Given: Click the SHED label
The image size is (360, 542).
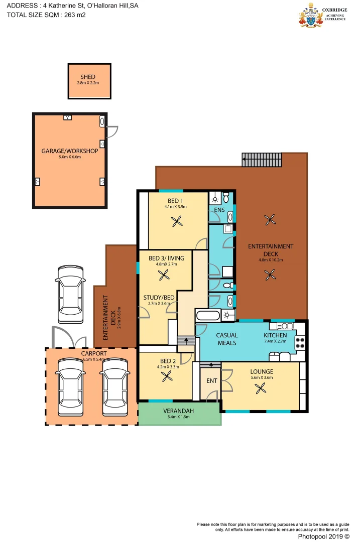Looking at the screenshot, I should coord(88,77).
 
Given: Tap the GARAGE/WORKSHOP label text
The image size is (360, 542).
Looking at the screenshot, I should coord(70,151).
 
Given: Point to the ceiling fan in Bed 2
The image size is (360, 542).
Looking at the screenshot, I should coord(166,377).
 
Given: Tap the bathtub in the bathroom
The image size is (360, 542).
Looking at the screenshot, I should coord(207,316).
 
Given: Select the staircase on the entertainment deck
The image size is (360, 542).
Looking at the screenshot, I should coord(262,160).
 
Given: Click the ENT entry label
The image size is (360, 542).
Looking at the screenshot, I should coord(212,381).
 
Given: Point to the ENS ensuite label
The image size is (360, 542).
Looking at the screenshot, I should coord(219,209).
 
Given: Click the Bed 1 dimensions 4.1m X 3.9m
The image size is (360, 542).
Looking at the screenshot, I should coord(175,207).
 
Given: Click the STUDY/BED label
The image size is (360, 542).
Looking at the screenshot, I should coord(159,298).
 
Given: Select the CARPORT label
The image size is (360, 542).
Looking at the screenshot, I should coord(93,353).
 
